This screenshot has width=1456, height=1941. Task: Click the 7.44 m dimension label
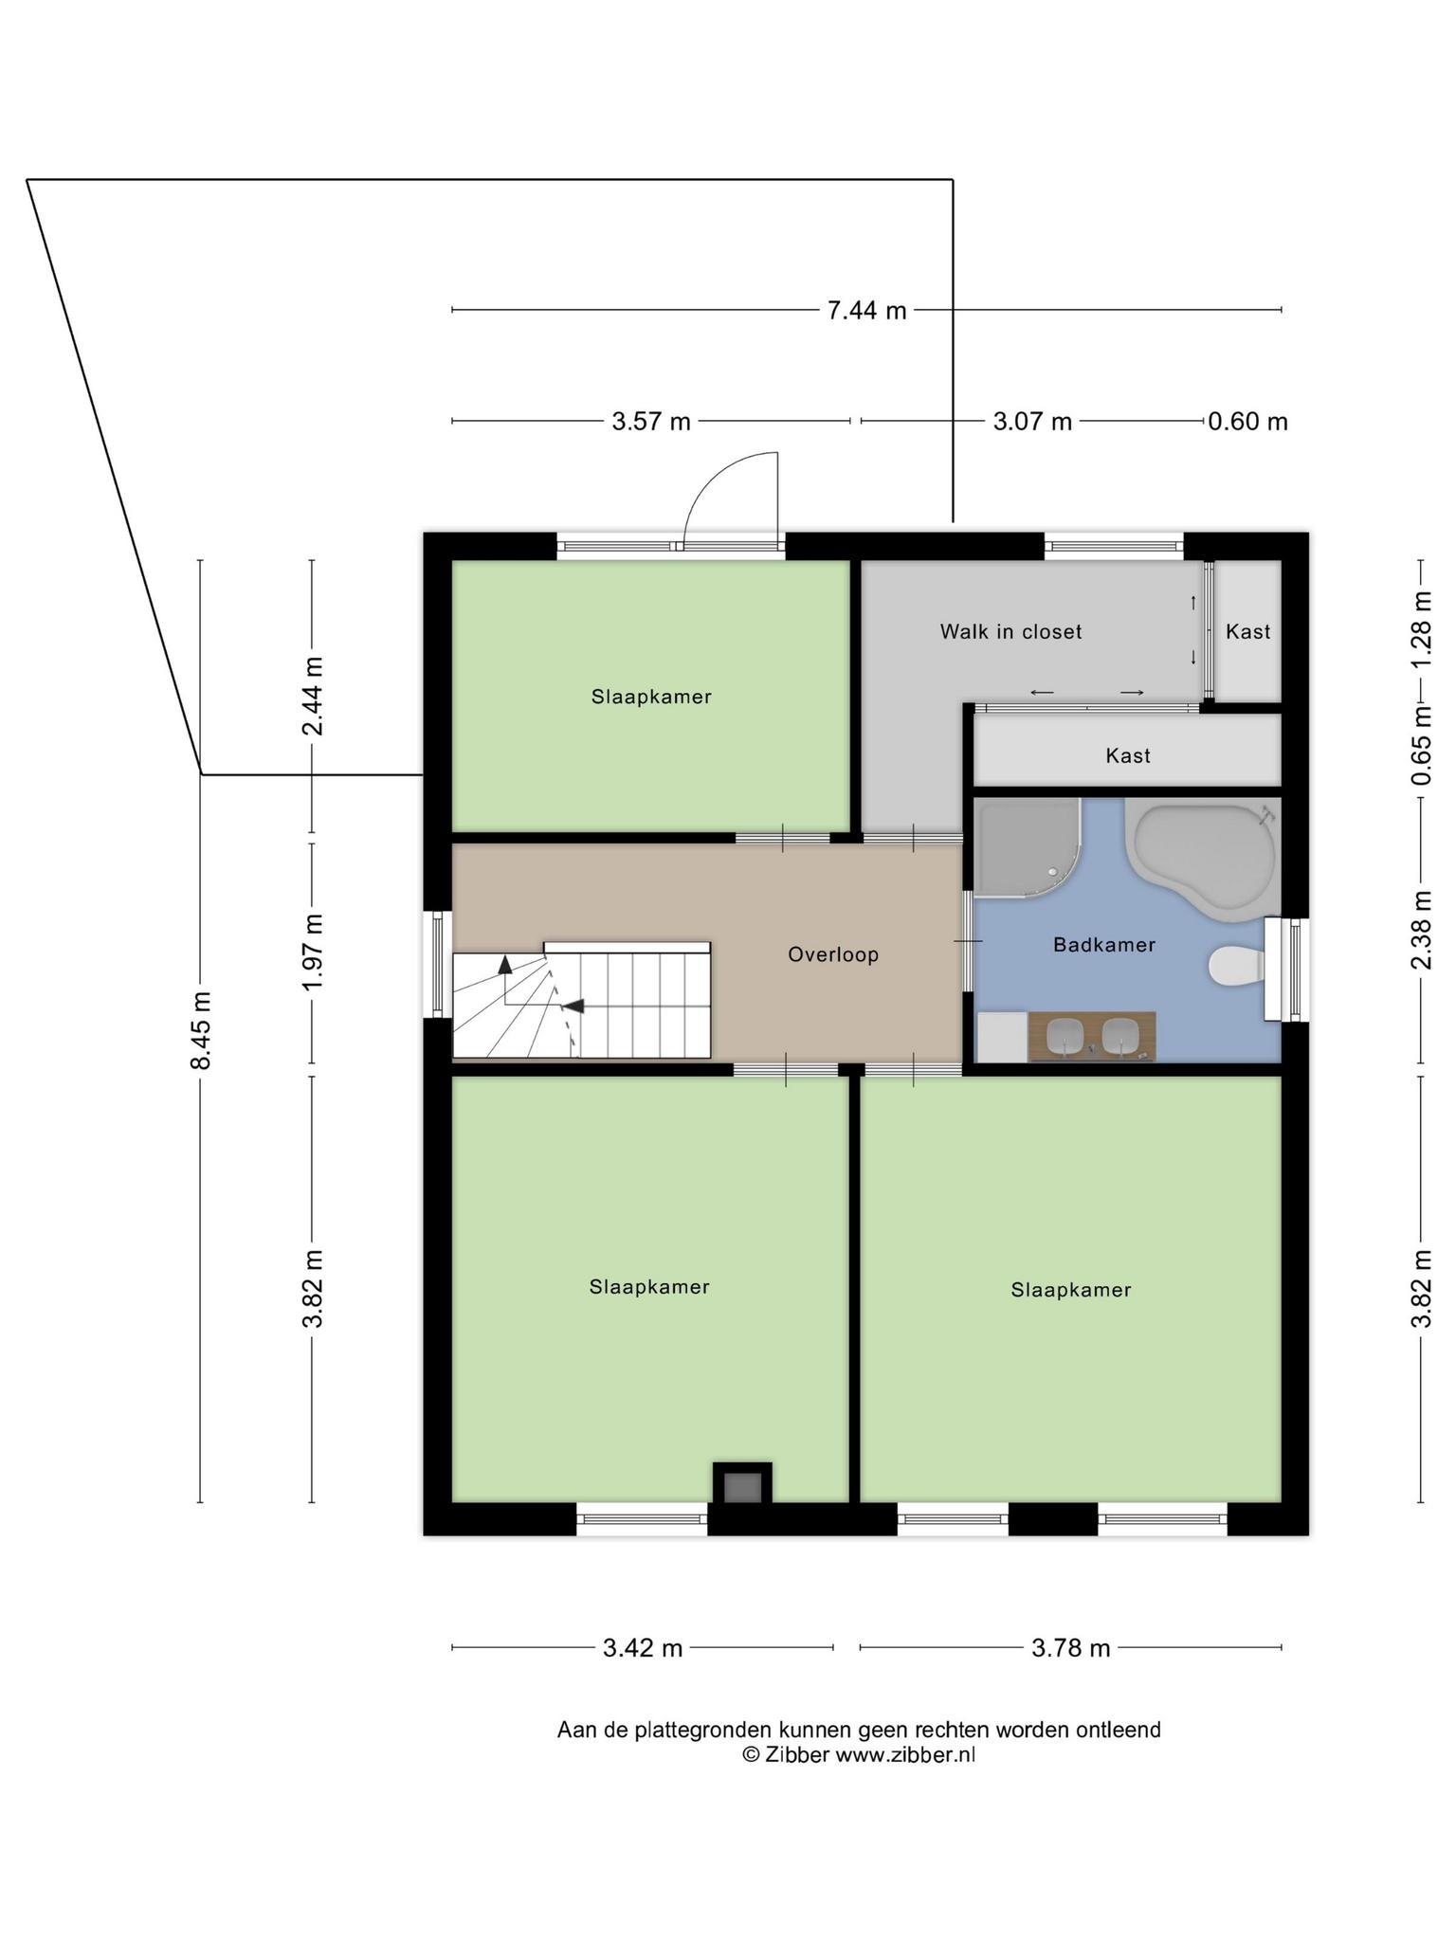[x=866, y=310]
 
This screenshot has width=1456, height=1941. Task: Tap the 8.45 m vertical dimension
[x=201, y=1030]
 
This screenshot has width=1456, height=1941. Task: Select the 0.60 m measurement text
[x=1247, y=421]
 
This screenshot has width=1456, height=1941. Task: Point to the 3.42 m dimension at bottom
[x=643, y=1648]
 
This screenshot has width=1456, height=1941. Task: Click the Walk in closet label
[x=1010, y=632]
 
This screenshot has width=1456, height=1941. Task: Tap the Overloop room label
[x=833, y=955]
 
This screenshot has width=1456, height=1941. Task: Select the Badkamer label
[x=1104, y=945]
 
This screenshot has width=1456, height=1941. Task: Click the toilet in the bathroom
[x=1237, y=967]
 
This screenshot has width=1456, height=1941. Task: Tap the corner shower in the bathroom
[x=1026, y=846]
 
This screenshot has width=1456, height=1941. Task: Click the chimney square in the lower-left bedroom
[x=742, y=1487]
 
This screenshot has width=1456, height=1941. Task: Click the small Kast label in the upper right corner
[x=1247, y=632]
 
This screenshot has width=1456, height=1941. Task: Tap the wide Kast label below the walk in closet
[x=1128, y=756]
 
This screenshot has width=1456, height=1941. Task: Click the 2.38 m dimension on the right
[x=1421, y=930]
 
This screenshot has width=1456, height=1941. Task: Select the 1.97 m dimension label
[x=313, y=952]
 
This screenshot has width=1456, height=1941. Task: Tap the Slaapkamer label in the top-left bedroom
[x=651, y=698]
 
